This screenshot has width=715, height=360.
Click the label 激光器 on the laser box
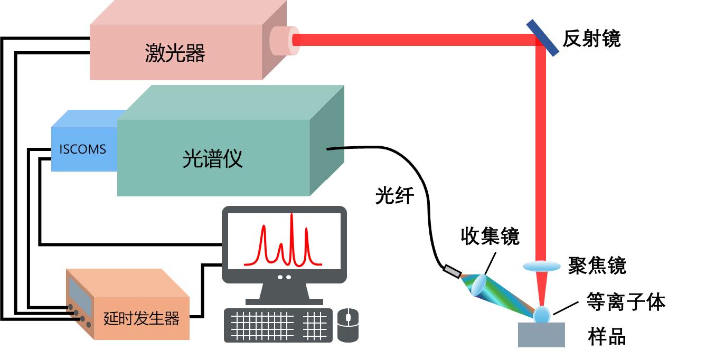tap(175, 53)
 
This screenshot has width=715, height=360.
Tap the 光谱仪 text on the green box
tap(213, 158)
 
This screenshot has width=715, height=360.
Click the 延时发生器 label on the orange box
tap(142, 318)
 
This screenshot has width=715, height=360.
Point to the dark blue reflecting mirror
tap(542, 37)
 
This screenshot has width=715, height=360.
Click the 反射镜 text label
tap(591, 39)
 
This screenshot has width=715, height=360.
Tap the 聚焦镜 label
tap(597, 266)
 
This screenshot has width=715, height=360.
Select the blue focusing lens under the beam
tap(541, 266)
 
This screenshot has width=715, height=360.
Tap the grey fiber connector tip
tap(452, 271)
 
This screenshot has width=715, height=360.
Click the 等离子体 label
tap(626, 302)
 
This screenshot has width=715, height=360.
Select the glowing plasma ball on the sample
tap(542, 315)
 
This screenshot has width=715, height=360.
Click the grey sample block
tap(541, 335)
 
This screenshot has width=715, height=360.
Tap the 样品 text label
tap(607, 336)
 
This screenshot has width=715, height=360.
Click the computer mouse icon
tap(348, 325)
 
